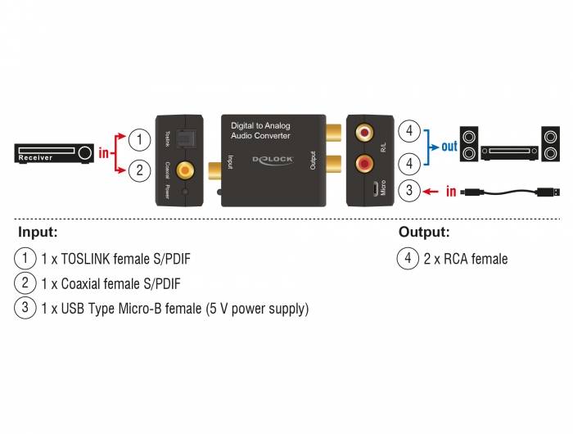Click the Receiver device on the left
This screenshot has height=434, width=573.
tap(54, 154)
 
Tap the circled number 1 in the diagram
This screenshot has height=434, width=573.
tap(141, 139)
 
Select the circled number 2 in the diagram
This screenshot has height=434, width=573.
tap(141, 170)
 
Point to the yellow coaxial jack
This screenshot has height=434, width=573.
tap(187, 170)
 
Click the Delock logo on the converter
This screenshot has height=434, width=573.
tap(269, 161)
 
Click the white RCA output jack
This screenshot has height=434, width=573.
tap(362, 131)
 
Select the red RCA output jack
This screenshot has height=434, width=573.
tap(362, 164)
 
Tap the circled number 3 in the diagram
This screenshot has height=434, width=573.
tap(409, 192)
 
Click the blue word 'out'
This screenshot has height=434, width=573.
tap(449, 147)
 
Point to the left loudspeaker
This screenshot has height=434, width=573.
tap(468, 145)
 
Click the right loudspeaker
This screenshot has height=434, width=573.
tap(549, 145)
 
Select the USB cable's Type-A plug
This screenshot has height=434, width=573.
tap(549, 193)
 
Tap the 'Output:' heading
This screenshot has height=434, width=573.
tap(424, 232)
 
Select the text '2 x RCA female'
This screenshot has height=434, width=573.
tap(466, 260)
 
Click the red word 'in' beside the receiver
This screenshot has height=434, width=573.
tap(103, 152)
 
